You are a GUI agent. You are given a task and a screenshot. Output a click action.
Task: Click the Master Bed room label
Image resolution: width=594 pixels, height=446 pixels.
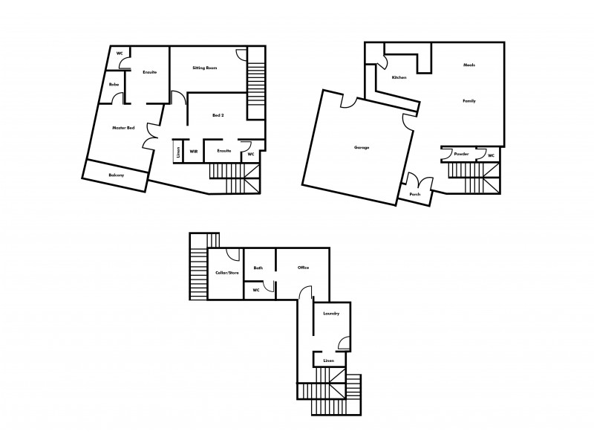click(123, 128)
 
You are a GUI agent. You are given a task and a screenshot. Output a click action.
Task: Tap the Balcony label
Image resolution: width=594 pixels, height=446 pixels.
click(116, 175)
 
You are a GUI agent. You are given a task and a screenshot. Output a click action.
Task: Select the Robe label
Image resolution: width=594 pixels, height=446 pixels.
click(114, 85)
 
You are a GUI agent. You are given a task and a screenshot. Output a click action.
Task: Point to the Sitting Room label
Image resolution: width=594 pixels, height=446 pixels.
click(205, 68)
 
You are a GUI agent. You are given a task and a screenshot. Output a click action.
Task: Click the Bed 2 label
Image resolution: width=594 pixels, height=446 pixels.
click(217, 115)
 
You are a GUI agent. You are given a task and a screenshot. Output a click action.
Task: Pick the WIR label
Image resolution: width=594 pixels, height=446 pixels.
click(193, 151)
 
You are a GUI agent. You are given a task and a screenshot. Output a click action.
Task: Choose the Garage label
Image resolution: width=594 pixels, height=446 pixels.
click(362, 147)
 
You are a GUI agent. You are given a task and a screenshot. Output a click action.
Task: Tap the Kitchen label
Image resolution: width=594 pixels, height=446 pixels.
click(399, 77)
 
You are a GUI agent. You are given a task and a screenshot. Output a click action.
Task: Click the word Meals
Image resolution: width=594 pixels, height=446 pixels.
click(469, 65)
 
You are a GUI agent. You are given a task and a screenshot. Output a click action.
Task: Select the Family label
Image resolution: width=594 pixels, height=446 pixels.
click(469, 100)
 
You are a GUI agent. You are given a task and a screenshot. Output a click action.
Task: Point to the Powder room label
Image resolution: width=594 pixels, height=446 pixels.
click(461, 154)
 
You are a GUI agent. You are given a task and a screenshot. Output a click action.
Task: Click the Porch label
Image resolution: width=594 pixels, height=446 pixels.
click(414, 195)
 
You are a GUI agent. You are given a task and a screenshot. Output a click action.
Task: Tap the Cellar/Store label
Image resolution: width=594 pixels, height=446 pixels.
click(227, 273)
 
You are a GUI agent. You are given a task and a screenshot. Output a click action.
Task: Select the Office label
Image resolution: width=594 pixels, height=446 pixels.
click(303, 268)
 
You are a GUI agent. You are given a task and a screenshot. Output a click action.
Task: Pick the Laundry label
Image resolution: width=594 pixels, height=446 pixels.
click(331, 314)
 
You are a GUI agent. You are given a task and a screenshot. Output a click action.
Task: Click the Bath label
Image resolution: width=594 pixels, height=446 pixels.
click(258, 268)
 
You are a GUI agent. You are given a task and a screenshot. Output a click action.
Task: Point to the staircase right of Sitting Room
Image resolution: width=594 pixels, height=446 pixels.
click(255, 82)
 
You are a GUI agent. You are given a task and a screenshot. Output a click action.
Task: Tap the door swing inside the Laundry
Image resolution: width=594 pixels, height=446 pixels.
click(344, 343)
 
